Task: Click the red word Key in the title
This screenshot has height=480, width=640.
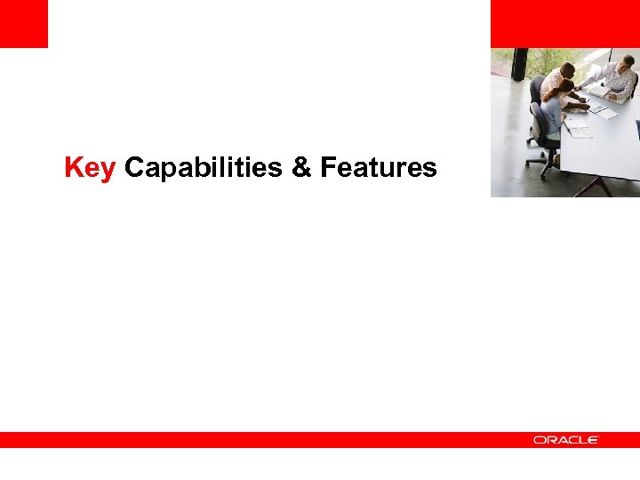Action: coord(90,167)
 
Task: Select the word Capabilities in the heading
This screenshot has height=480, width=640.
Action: coord(205,167)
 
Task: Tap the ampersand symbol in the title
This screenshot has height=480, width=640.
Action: coord(302,167)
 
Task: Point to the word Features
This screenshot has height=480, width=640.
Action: coord(379,167)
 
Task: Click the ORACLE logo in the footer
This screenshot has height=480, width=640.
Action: coord(566,440)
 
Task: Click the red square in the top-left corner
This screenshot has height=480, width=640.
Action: coord(23,23)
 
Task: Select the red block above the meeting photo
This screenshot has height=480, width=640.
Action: coord(564,23)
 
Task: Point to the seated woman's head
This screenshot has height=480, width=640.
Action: coord(565,88)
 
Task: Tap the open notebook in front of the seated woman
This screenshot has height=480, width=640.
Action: coord(577,130)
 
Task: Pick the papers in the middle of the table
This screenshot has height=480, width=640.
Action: coord(604,112)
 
